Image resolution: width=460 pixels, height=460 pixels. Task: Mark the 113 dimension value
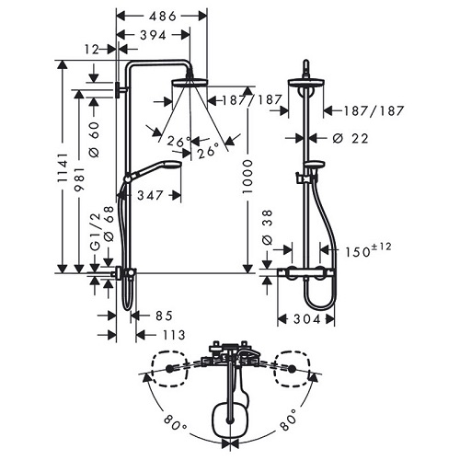pos(172,334)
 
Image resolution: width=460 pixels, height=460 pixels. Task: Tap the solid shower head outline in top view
pos(230,419)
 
